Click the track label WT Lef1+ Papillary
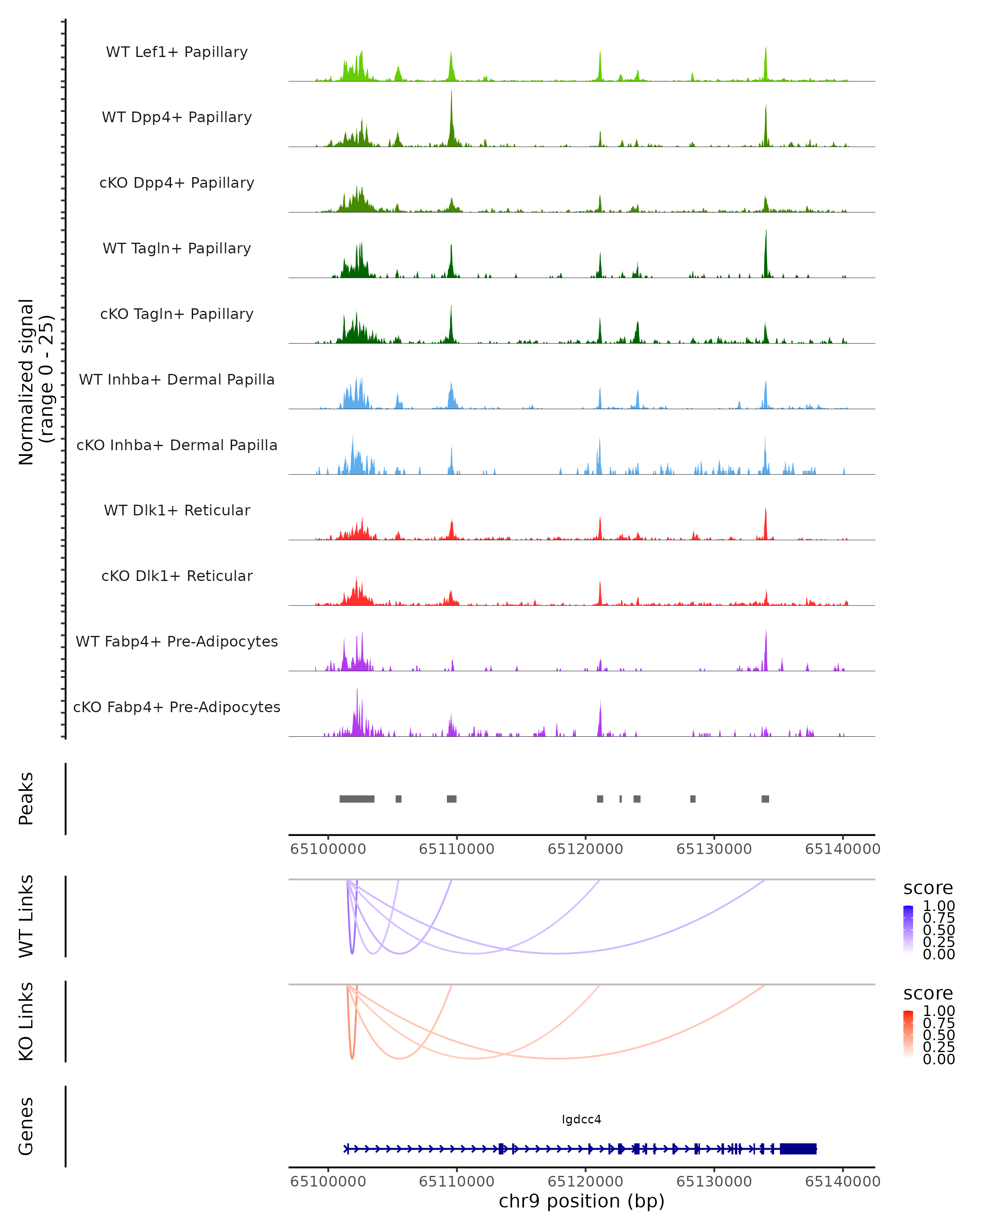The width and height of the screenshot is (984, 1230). click(177, 52)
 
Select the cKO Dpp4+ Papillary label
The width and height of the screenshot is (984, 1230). click(177, 183)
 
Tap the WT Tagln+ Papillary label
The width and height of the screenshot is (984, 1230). click(177, 249)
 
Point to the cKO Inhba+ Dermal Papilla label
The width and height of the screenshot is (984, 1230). click(177, 446)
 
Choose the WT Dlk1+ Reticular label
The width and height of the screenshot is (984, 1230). click(177, 510)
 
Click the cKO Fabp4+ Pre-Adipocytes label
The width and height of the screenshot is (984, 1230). click(177, 707)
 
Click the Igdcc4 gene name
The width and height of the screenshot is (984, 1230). click(581, 1119)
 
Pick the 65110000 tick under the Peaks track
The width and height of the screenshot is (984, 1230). click(456, 849)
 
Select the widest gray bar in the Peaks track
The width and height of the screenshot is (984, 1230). click(357, 799)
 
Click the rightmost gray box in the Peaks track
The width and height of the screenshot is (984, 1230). click(765, 799)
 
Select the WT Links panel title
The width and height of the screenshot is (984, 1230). click(26, 916)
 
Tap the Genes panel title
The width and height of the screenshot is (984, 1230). click(26, 1126)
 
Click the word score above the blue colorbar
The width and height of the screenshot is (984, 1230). click(927, 888)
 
